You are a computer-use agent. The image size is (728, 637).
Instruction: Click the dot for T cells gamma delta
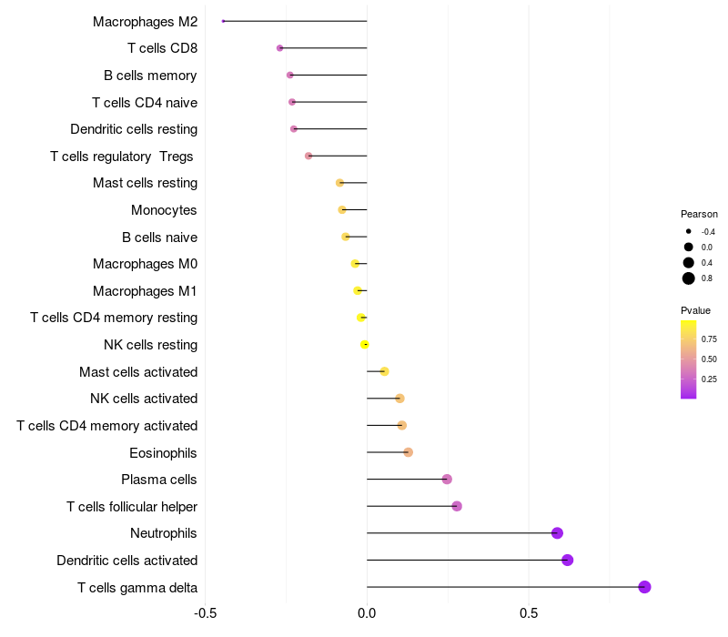point(644,587)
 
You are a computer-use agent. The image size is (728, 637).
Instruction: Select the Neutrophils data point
point(557,533)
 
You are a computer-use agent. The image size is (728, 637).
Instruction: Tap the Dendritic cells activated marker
point(567,560)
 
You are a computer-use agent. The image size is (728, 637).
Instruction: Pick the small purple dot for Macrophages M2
point(223,21)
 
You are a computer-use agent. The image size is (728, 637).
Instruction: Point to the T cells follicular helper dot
point(457,506)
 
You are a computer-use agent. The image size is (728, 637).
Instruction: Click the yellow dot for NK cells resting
point(365,345)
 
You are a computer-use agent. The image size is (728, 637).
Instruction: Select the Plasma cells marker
point(447,480)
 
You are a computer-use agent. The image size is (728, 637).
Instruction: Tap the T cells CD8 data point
point(279,48)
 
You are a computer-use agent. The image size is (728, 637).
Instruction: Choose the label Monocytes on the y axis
point(164,210)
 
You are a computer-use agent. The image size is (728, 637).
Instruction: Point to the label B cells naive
point(159,238)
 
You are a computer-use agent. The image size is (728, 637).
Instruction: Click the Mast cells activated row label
point(138,371)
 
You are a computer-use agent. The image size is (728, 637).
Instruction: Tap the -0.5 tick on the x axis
point(206,614)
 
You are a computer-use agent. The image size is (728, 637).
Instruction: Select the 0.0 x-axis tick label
point(367,614)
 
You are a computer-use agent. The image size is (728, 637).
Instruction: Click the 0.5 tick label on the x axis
point(529,614)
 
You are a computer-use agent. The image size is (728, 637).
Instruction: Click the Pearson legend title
point(699,214)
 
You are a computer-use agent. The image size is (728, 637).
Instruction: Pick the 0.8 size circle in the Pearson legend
point(689,278)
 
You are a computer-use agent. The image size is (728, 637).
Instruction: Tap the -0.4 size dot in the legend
point(689,231)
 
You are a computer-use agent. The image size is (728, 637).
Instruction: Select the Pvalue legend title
point(696,310)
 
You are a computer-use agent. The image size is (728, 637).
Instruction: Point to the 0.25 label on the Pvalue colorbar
point(709,379)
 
